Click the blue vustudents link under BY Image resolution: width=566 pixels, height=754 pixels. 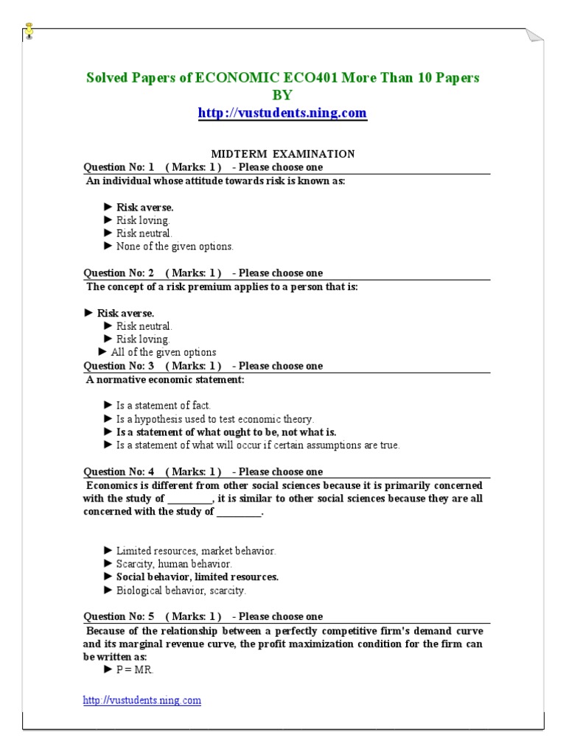(x=282, y=113)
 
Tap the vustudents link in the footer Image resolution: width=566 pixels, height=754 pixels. (x=141, y=700)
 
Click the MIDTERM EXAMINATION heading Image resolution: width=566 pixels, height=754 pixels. (x=283, y=154)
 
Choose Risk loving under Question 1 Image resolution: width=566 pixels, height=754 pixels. (x=142, y=220)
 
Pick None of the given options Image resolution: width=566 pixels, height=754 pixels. (x=174, y=247)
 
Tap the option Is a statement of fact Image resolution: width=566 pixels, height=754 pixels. (x=163, y=406)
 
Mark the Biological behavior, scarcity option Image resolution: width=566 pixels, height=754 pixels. (x=181, y=591)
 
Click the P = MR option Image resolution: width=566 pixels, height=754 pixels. (x=135, y=669)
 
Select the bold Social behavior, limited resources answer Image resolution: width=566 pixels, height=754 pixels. (x=197, y=577)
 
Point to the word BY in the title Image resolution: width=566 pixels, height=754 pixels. (x=282, y=95)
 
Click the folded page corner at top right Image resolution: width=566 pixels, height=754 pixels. (x=534, y=38)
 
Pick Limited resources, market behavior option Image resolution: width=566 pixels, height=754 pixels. (x=195, y=551)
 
